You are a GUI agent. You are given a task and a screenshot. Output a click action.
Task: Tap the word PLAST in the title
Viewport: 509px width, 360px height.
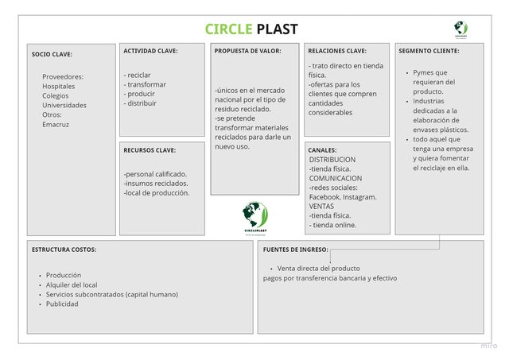pyautogui.click(x=277, y=29)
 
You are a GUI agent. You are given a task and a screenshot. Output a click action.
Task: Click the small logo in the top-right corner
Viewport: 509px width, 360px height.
pyautogui.click(x=460, y=29)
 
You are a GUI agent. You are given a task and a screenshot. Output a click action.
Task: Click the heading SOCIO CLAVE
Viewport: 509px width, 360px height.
pyautogui.click(x=52, y=55)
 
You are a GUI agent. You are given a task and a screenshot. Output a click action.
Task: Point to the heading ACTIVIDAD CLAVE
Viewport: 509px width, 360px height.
pyautogui.click(x=150, y=51)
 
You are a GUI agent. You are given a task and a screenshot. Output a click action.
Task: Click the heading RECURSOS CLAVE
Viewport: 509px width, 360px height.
pyautogui.click(x=150, y=149)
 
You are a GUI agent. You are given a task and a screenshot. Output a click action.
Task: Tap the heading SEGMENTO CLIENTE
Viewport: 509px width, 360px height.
pyautogui.click(x=429, y=51)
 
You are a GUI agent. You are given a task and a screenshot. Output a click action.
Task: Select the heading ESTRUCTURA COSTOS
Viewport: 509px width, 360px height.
pyautogui.click(x=64, y=250)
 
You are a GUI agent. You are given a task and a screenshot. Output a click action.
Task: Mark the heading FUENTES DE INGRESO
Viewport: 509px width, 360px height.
pyautogui.click(x=295, y=250)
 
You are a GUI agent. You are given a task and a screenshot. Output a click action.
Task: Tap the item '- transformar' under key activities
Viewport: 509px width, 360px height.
pyautogui.click(x=145, y=84)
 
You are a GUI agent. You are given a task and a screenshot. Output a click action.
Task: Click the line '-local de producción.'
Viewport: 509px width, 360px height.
pyautogui.click(x=157, y=192)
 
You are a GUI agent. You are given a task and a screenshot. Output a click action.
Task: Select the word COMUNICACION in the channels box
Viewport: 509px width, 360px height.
pyautogui.click(x=336, y=178)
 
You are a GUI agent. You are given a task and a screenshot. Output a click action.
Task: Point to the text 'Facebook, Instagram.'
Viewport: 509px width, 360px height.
pyautogui.click(x=343, y=196)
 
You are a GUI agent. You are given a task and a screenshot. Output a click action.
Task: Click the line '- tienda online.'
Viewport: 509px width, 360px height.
pyautogui.click(x=333, y=225)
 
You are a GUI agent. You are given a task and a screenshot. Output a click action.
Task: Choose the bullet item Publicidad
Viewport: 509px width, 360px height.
pyautogui.click(x=62, y=304)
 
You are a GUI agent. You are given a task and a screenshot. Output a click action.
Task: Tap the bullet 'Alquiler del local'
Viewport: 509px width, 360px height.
pyautogui.click(x=72, y=285)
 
